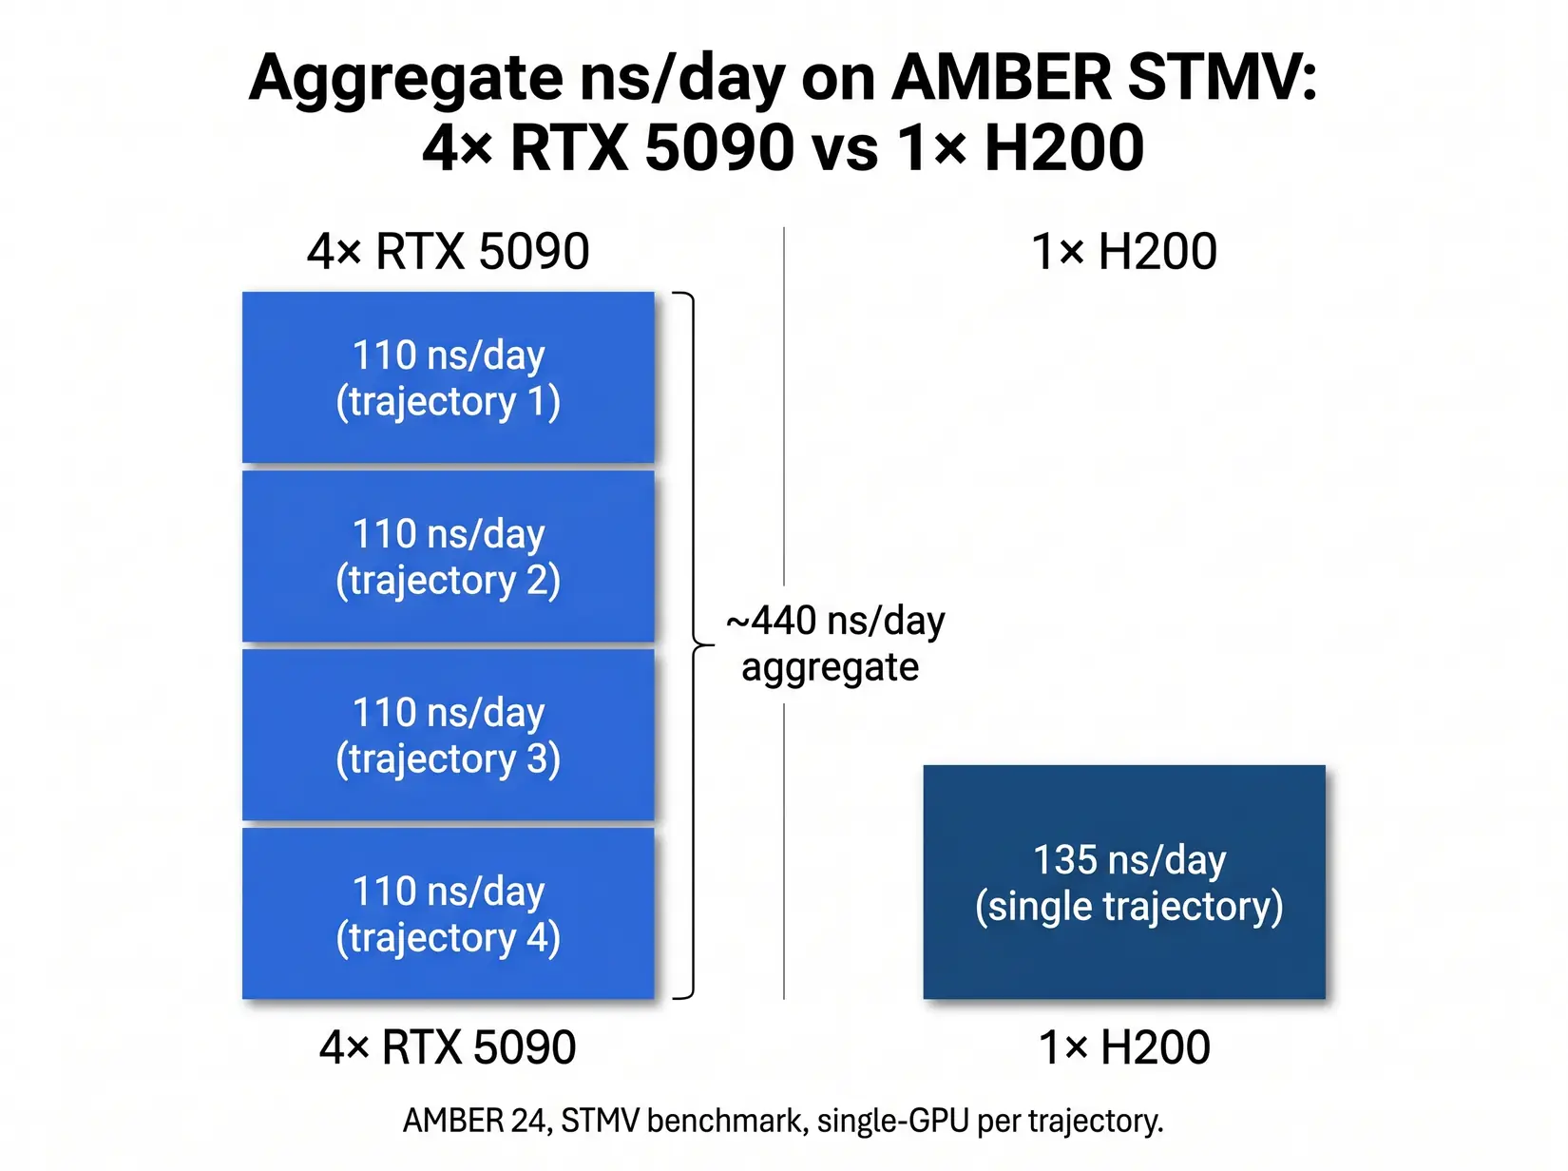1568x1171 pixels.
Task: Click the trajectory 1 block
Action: [448, 377]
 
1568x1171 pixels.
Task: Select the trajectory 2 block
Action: [448, 556]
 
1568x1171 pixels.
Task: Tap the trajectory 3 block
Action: [448, 735]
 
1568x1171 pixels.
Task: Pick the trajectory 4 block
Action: [448, 913]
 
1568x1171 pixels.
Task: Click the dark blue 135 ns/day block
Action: [1124, 882]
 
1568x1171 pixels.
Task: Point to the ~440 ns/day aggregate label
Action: [834, 643]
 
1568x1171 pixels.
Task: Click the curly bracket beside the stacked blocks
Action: [692, 645]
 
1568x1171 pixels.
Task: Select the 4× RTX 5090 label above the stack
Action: [448, 252]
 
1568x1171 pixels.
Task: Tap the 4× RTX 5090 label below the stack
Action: [448, 1047]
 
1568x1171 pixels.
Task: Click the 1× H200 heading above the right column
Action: [1124, 252]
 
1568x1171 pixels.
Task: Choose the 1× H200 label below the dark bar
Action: [1124, 1047]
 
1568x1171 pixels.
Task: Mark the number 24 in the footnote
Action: [528, 1121]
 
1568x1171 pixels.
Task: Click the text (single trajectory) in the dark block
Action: [1129, 906]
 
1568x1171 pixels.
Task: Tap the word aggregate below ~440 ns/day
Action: [830, 667]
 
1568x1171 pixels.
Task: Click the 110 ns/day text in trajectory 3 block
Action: [449, 712]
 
